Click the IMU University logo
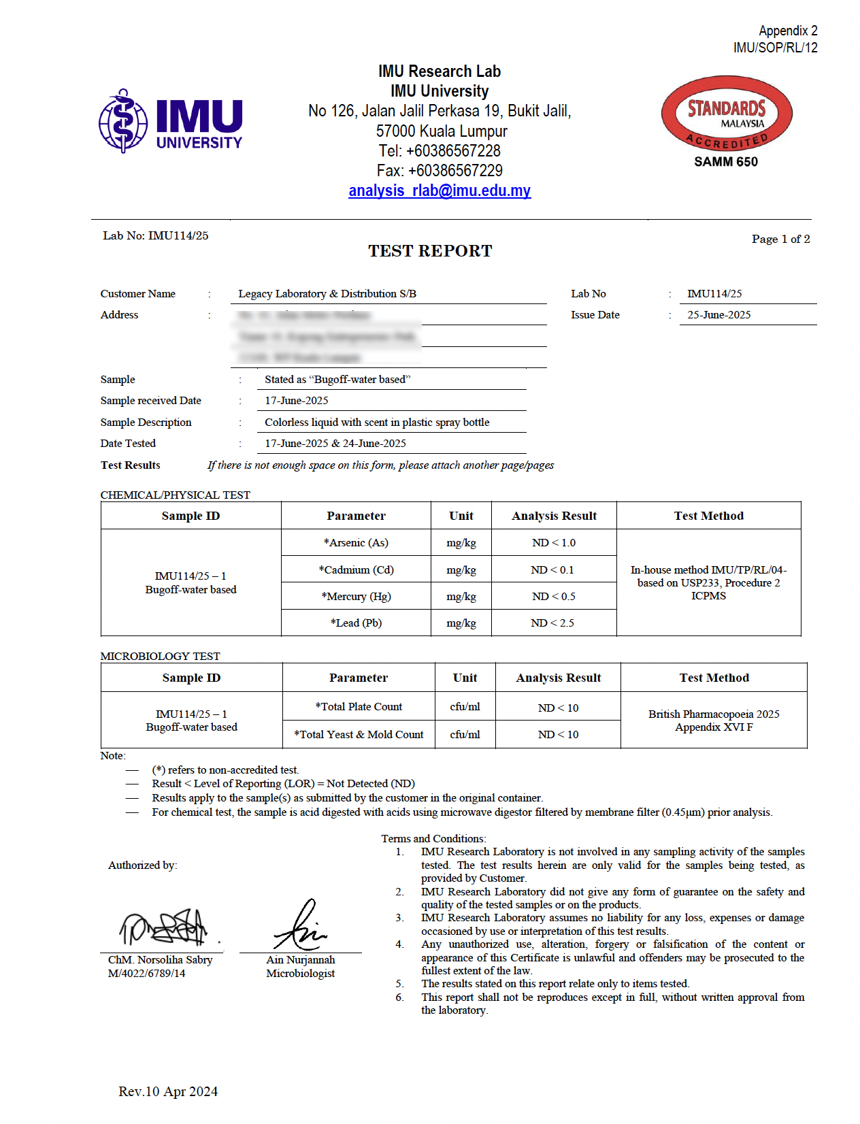(171, 121)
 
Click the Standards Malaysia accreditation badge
(726, 113)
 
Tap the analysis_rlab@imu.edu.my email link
(440, 191)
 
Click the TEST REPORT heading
(430, 251)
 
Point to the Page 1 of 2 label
(780, 239)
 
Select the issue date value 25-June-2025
(718, 315)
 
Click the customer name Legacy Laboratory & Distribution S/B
(327, 294)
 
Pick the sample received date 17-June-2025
(297, 401)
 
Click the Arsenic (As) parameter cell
(356, 543)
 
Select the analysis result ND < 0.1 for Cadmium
(552, 570)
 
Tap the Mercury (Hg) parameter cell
(356, 597)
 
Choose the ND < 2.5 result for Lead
(552, 623)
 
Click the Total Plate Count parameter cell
(359, 707)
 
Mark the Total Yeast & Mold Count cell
(359, 735)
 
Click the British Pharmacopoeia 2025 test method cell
(714, 721)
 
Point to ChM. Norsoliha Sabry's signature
(164, 927)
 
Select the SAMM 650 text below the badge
(726, 162)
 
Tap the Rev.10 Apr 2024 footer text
(168, 1092)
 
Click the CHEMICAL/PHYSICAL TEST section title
(175, 495)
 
